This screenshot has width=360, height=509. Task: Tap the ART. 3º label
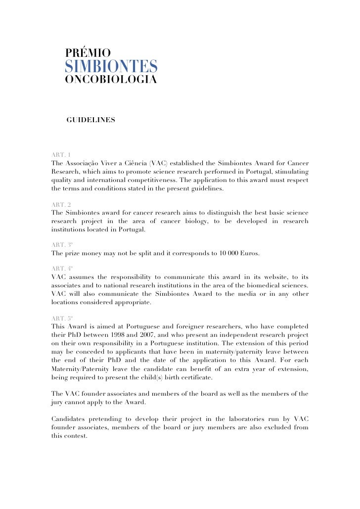click(62, 244)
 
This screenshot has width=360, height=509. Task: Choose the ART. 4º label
click(62, 269)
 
